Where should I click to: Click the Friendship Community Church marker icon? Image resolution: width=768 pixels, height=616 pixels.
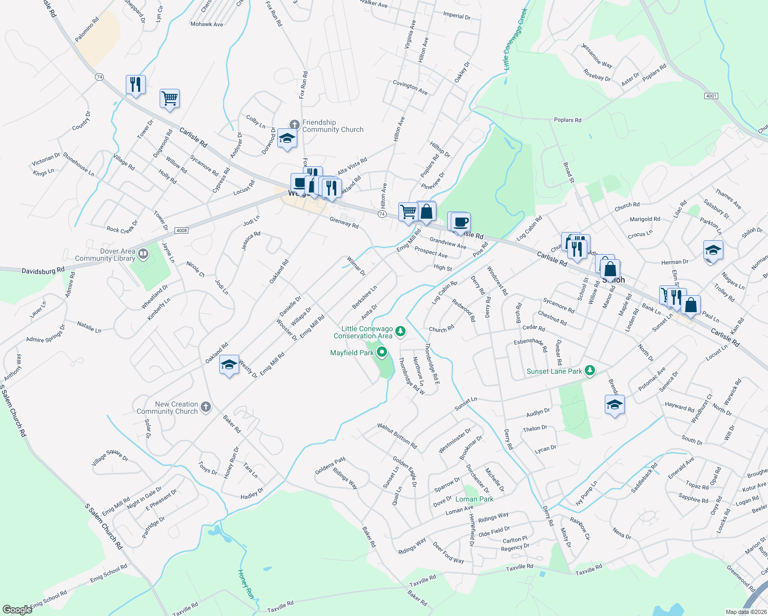coord(294,124)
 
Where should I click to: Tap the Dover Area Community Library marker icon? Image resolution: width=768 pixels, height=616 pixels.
coord(143,253)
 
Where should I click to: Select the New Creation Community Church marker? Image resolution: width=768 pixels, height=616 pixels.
coord(205,407)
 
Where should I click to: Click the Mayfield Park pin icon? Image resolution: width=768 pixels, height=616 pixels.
coord(381,352)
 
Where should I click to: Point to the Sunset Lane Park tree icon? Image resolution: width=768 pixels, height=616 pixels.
coord(590,370)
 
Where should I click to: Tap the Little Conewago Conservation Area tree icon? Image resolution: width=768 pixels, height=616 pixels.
coord(400,331)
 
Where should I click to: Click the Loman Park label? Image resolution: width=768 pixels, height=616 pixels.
coord(474,499)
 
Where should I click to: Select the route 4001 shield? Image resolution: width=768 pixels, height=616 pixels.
coord(711,96)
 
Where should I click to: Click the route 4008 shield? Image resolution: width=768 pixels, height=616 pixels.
coord(181,230)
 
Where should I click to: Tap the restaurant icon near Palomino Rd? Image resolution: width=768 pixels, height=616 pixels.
coord(136,84)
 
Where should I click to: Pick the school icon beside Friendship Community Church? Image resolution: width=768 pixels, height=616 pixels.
coord(287,138)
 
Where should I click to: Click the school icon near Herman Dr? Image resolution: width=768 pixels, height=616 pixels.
coord(713,251)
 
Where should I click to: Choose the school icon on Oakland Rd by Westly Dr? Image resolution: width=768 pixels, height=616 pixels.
coord(229,364)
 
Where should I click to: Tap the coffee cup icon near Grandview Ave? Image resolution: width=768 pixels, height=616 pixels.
coord(460,222)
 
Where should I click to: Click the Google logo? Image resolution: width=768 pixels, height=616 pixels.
coord(17,609)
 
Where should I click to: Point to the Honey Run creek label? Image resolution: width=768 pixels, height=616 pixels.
coord(246,584)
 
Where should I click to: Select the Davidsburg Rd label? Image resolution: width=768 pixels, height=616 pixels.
coord(43,270)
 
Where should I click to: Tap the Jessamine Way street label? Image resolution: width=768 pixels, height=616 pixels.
coord(597,55)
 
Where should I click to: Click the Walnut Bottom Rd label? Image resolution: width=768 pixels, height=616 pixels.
coord(397,436)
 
